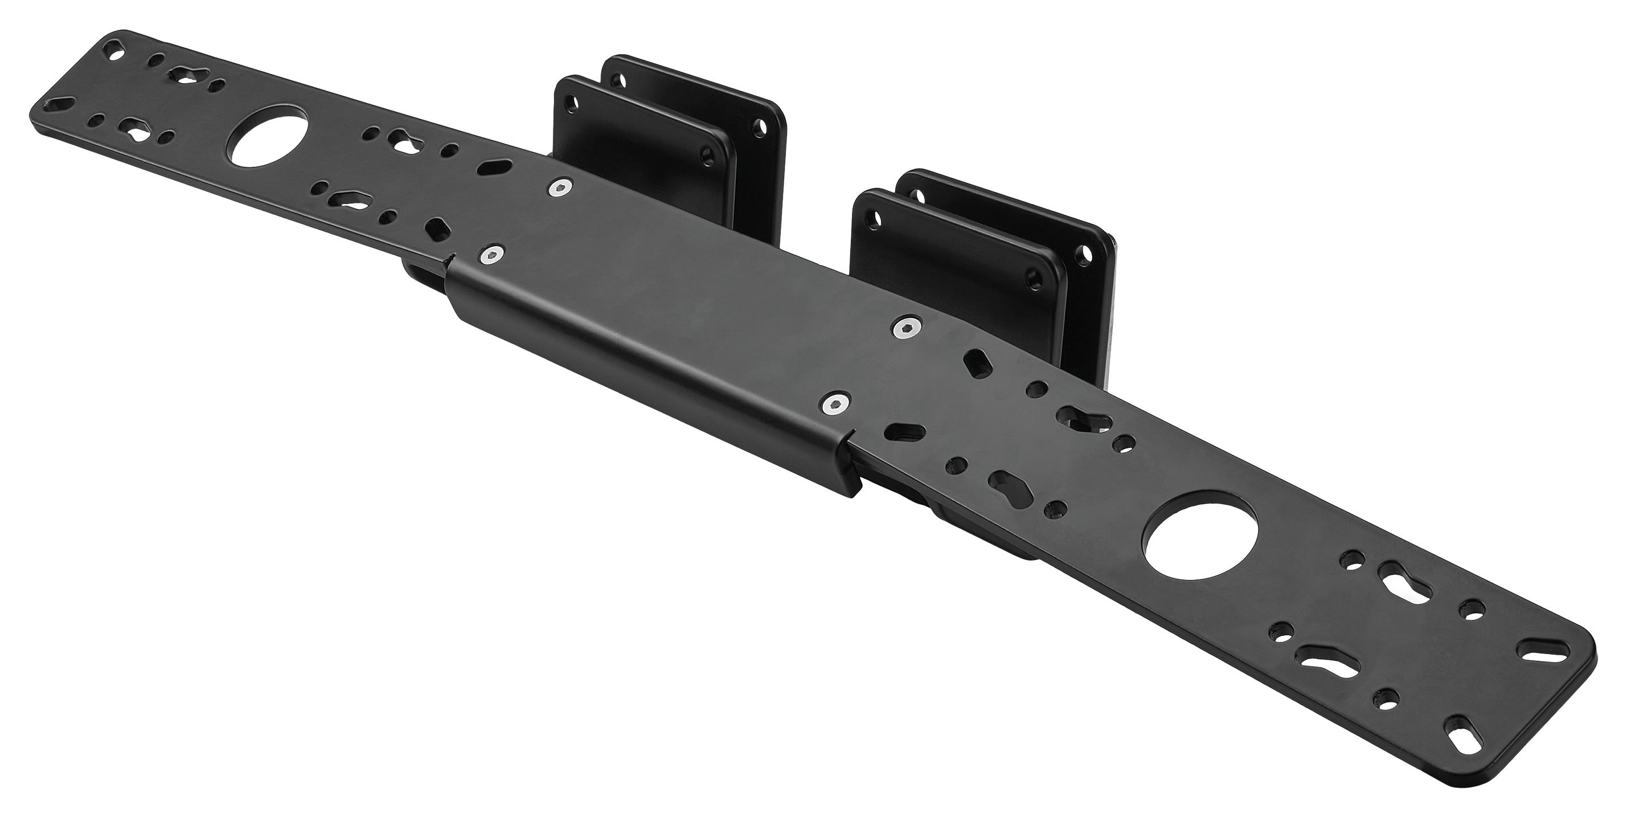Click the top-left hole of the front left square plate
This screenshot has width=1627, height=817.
point(573,100)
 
